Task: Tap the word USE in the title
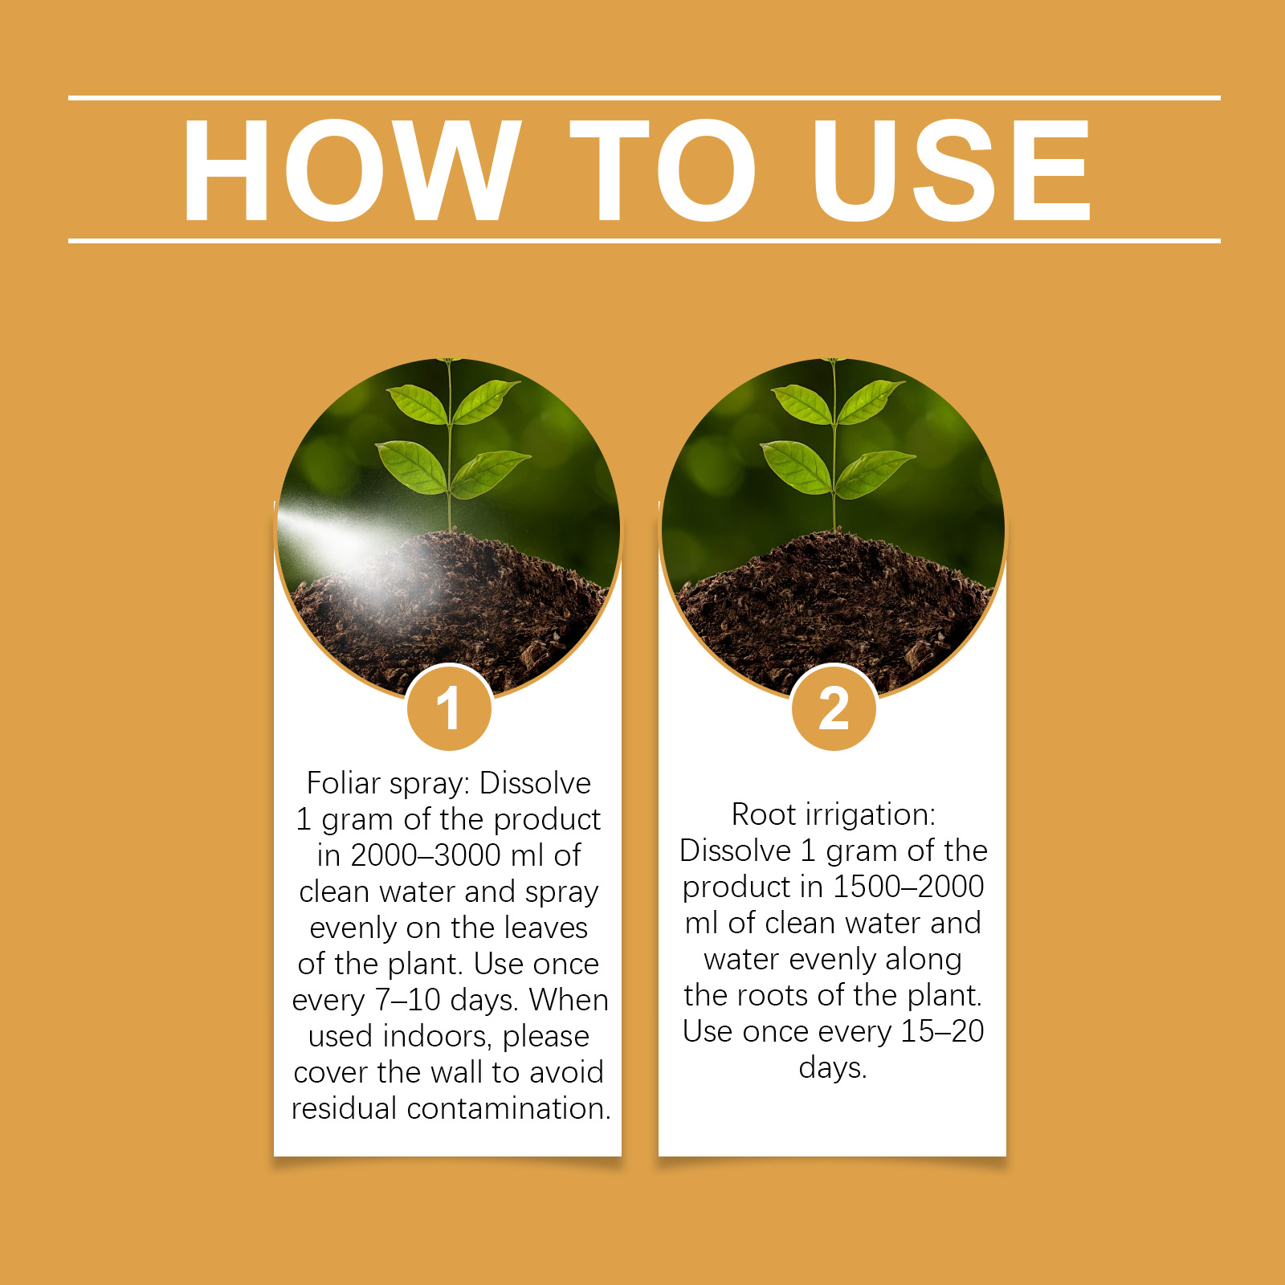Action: tap(952, 169)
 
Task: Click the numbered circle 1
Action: tap(449, 708)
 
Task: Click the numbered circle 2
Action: tap(834, 708)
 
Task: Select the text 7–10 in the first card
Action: tap(410, 1000)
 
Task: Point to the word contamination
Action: tap(509, 1108)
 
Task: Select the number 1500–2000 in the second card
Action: tap(908, 887)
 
